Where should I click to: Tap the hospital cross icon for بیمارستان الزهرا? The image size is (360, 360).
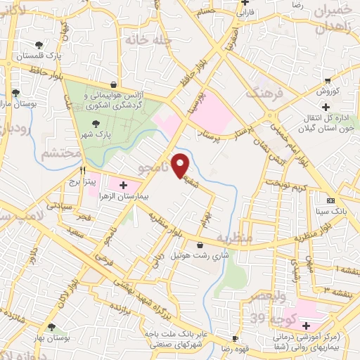pos(124,186)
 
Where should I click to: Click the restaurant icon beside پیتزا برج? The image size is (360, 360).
pos(82,170)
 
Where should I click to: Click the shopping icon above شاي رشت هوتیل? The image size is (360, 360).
pos(201,245)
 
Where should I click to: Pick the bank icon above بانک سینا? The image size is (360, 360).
pos(330,200)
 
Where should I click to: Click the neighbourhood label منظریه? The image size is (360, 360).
pos(233,238)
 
